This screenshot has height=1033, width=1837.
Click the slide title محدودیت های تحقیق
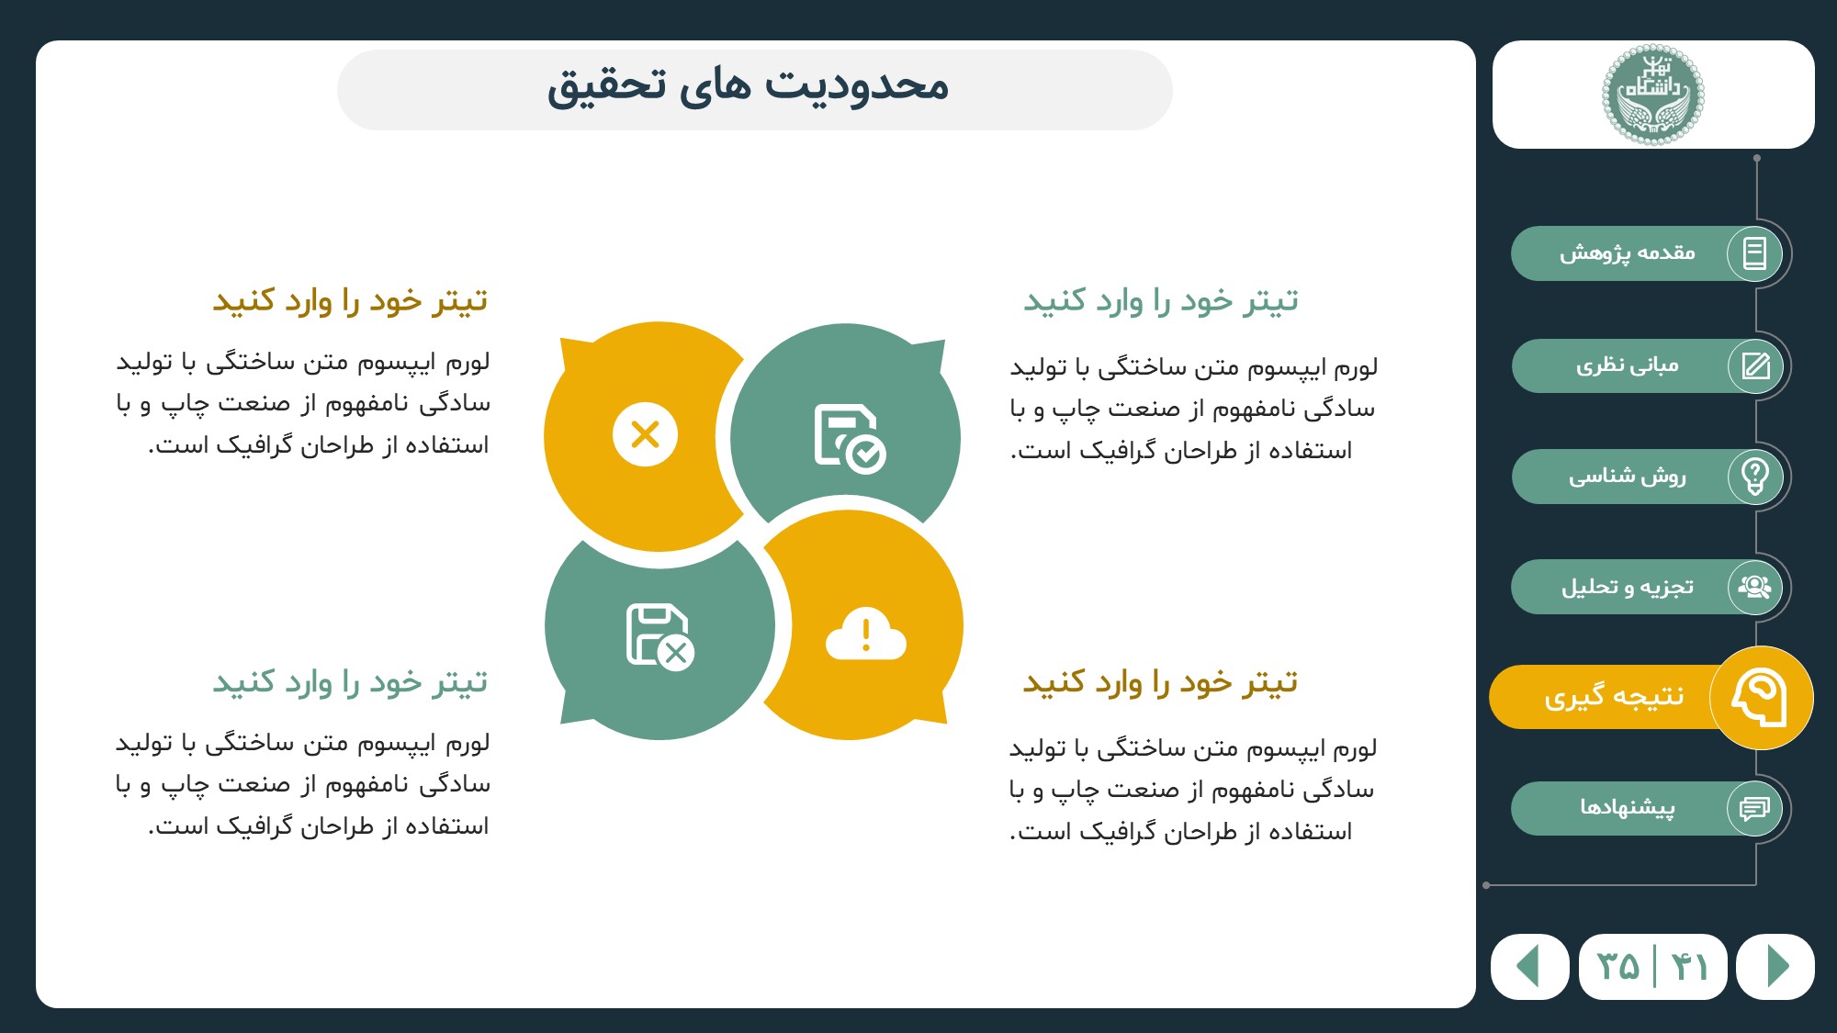748,86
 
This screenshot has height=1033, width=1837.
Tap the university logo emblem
1653,95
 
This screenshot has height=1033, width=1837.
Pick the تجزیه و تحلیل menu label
1628,587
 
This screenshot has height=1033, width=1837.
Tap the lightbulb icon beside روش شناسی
1755,477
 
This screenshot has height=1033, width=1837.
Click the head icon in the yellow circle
1760,698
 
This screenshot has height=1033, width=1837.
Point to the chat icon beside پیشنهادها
1754,808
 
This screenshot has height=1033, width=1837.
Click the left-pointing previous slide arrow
1527,966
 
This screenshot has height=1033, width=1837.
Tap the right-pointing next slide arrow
1778,966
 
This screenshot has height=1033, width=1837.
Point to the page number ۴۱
1689,967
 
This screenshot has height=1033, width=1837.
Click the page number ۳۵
1618,967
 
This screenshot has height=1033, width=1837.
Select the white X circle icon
646,434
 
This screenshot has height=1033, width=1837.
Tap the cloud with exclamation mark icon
866,634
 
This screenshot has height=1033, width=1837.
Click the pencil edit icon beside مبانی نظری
1755,365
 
